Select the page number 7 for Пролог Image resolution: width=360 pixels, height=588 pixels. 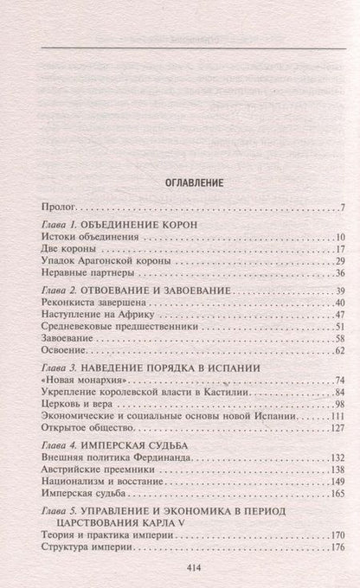(x=343, y=208)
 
